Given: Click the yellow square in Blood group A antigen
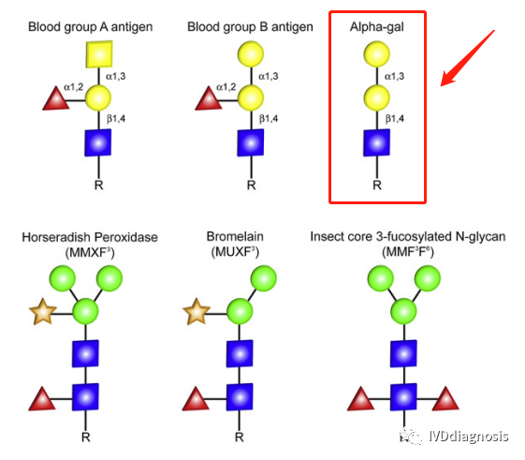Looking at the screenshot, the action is click(x=99, y=54).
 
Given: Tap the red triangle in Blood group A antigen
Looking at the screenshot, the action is click(x=56, y=98).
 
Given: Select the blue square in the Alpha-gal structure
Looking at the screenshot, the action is click(x=377, y=142).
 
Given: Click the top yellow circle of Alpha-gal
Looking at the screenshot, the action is click(x=377, y=54).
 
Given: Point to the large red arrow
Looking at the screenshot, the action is click(x=467, y=58).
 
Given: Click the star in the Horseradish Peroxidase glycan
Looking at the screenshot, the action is click(x=43, y=312).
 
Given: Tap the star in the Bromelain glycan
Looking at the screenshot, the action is click(x=197, y=312).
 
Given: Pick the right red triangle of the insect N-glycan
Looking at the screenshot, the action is click(x=445, y=399).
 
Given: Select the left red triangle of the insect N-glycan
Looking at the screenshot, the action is click(x=360, y=399).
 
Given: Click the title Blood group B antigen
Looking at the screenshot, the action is click(x=250, y=27).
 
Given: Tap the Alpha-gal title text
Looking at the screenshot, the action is click(x=377, y=27).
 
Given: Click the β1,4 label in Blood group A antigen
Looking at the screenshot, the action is click(x=116, y=119).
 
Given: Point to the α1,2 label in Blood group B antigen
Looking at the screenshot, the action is click(x=226, y=87).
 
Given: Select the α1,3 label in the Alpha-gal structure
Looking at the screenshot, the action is click(x=394, y=77).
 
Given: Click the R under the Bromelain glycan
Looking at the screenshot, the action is click(x=239, y=438).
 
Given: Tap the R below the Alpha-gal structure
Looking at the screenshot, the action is click(x=377, y=185).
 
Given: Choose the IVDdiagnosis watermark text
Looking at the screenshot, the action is click(x=469, y=437).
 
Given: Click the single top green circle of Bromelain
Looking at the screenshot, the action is click(x=264, y=278).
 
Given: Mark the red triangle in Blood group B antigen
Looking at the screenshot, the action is click(x=209, y=98).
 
